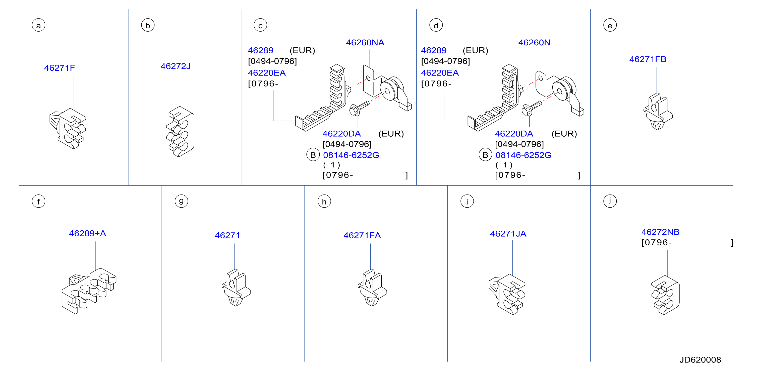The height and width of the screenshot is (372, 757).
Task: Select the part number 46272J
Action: (x=176, y=66)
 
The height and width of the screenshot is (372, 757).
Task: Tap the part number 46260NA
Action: (x=365, y=43)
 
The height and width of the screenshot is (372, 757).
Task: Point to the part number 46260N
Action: (x=534, y=43)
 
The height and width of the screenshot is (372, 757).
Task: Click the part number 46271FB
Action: (x=648, y=59)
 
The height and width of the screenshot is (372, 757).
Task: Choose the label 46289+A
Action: (x=88, y=233)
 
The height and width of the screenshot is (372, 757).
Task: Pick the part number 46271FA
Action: (x=362, y=235)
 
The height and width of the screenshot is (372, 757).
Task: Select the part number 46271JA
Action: (x=508, y=234)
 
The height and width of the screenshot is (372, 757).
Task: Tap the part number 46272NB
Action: (x=660, y=232)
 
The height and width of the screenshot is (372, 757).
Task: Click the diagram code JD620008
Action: (x=700, y=360)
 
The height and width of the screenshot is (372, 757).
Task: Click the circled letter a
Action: (x=38, y=25)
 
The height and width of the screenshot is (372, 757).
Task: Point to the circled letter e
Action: (x=610, y=25)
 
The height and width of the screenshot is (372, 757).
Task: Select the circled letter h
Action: (x=324, y=201)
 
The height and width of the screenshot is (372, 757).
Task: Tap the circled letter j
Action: (x=610, y=201)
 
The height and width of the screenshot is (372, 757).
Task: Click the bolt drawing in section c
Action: (x=359, y=108)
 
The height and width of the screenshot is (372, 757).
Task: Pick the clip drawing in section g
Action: (x=236, y=288)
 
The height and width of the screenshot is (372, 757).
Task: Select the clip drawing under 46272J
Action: (x=180, y=131)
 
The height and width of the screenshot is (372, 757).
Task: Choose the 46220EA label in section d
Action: (x=440, y=73)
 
